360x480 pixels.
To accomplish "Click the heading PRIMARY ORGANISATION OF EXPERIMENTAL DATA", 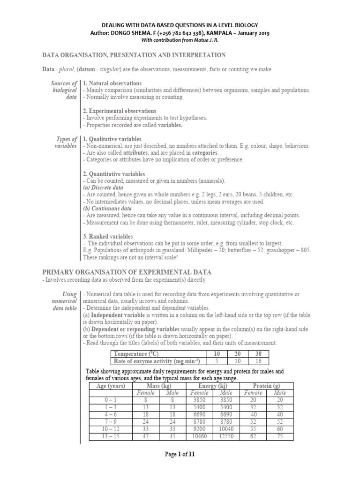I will click(127, 272).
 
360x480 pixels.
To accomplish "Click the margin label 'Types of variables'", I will click(66, 143).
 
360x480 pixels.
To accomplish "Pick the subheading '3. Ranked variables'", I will click(108, 236).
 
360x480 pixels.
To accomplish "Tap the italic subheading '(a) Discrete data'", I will click(103, 187).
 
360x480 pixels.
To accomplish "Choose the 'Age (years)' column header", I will click(111, 386).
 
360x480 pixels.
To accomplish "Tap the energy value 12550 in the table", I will click(227, 436).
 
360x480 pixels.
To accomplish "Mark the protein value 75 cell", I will click(280, 436).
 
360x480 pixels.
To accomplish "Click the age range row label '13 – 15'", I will click(111, 436).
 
